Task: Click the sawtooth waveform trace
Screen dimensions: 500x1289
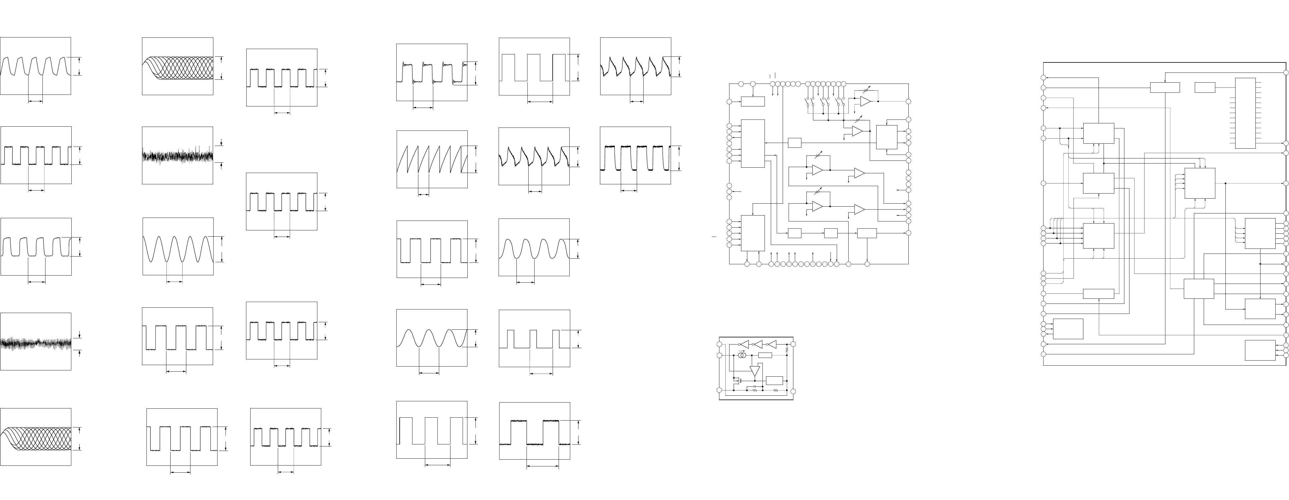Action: click(432, 159)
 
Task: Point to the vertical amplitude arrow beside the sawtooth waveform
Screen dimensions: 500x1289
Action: click(475, 159)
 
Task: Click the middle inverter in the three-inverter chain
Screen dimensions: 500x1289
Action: click(758, 344)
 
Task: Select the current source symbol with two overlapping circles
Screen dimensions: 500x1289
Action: click(742, 355)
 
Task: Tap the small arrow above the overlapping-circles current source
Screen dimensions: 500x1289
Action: click(742, 350)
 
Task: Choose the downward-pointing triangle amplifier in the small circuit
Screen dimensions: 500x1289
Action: click(755, 371)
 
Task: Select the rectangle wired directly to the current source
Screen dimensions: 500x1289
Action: click(765, 355)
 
